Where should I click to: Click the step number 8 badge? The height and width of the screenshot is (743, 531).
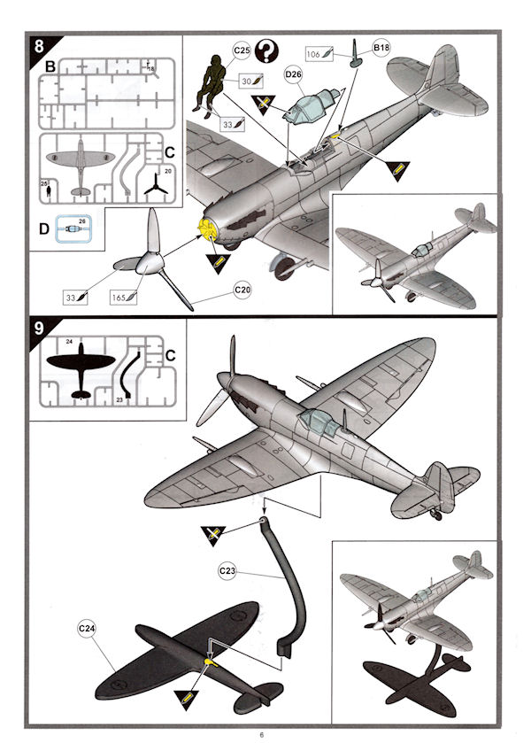click(42, 46)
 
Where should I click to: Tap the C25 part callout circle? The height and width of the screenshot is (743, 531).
click(240, 52)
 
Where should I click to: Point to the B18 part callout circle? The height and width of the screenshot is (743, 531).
click(381, 48)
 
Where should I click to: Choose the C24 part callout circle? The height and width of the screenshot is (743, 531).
click(87, 629)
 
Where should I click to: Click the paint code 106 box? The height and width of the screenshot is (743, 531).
click(320, 52)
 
